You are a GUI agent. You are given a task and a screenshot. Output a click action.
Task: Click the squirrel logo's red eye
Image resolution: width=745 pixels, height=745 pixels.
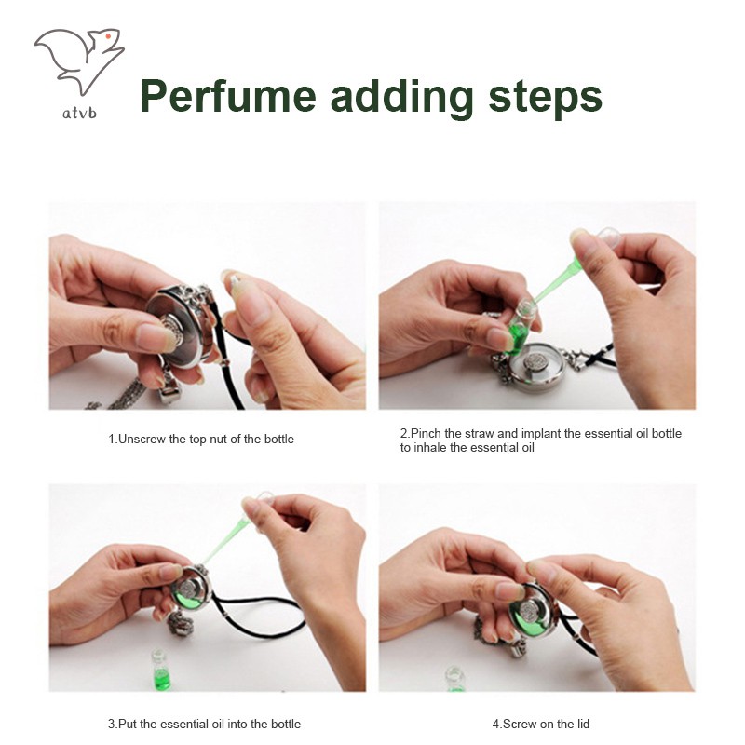[x=108, y=36]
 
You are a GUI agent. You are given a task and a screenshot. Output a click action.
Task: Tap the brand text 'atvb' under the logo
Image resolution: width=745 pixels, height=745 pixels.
[x=79, y=113]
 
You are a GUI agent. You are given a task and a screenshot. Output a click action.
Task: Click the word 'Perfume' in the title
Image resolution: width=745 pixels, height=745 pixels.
[x=228, y=97]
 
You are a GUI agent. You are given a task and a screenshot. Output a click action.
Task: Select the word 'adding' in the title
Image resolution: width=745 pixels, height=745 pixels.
[x=402, y=99]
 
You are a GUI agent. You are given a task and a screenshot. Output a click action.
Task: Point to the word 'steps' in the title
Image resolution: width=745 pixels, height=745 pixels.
[x=546, y=100]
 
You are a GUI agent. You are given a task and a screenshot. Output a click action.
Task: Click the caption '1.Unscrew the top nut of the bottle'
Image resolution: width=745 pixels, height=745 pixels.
[x=201, y=439]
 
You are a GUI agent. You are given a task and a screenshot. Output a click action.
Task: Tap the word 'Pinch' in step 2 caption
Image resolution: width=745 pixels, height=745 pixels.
[x=427, y=433]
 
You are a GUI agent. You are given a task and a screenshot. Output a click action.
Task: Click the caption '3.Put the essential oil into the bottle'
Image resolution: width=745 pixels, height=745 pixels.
[x=204, y=725]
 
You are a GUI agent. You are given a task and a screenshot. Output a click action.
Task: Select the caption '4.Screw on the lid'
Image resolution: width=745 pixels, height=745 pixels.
[x=541, y=725]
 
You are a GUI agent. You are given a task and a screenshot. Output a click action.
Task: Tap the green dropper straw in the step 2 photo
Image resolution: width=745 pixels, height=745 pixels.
[x=556, y=283]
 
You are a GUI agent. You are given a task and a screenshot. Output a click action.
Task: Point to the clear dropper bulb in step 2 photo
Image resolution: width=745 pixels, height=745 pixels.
[x=607, y=237]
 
